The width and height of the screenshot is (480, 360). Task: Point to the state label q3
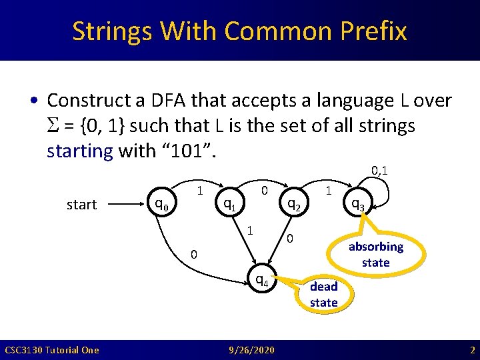pos(357,205)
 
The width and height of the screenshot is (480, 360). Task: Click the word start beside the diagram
pos(81,205)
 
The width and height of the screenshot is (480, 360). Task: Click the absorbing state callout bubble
pos(375,254)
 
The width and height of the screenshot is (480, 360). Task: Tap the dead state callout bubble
pos(324,294)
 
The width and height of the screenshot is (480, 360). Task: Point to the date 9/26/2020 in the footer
pos(250,350)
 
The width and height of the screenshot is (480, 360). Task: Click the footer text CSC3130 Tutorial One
pos(51,350)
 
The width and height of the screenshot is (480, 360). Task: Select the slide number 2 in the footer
pos(471,350)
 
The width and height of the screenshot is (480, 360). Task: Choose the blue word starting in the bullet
pos(79,151)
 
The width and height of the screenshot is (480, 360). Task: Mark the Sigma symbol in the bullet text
pos(53,126)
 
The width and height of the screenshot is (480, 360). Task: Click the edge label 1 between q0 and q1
pos(199,191)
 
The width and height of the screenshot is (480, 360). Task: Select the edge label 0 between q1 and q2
pos(265,191)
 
